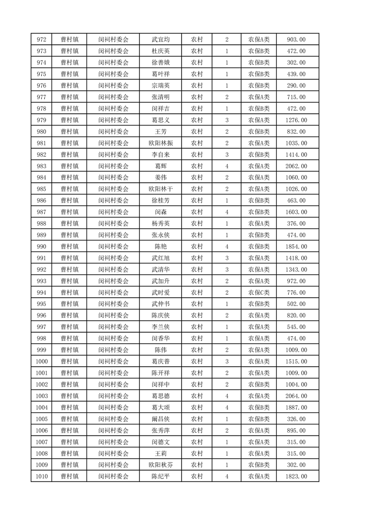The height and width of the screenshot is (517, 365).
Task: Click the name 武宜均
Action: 160,40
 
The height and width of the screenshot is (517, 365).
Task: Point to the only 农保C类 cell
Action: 259,293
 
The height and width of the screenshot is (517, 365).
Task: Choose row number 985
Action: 41,189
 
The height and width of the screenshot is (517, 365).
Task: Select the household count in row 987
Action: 227,212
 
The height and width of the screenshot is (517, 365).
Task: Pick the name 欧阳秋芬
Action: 160,465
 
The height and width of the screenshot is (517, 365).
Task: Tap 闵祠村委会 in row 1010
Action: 113,476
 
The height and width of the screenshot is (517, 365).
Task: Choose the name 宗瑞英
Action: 160,85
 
